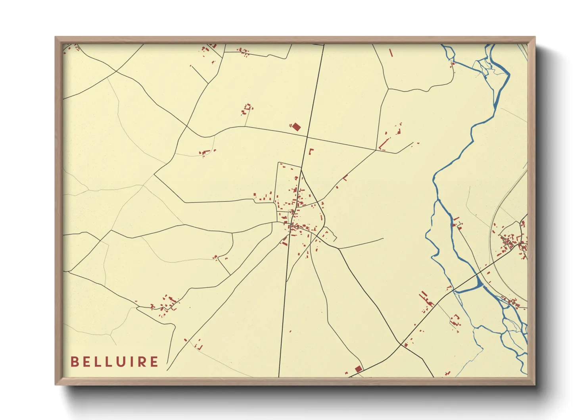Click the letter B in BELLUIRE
[74, 362]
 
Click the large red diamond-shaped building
[296, 127]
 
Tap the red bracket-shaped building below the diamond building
[311, 151]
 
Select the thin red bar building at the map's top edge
[391, 52]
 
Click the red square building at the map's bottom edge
[359, 369]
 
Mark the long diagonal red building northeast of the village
[384, 144]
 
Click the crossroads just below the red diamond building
[307, 137]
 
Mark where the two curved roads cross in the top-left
[116, 72]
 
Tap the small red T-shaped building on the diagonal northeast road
[345, 178]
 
